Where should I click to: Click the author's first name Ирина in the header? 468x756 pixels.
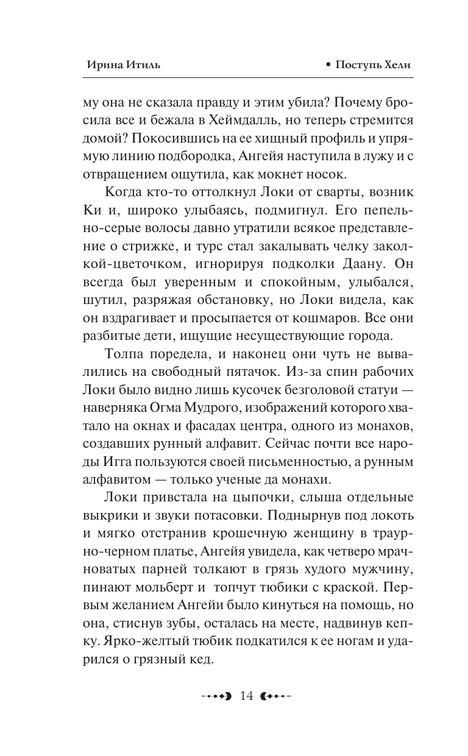[x=101, y=65]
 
